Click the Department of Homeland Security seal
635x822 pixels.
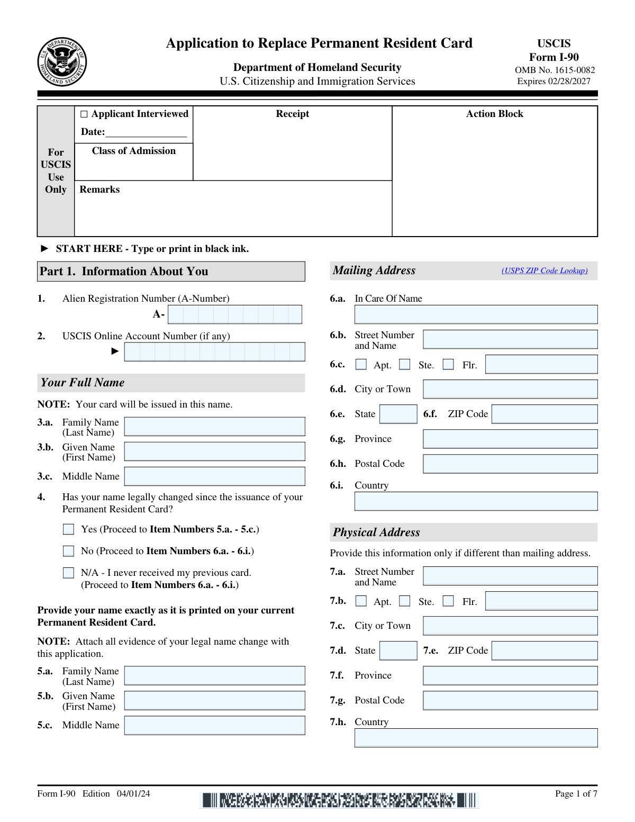[x=62, y=62]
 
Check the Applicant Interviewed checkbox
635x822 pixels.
[x=84, y=114]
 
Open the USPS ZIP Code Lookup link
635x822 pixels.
[x=545, y=270]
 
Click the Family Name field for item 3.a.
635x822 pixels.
[x=214, y=427]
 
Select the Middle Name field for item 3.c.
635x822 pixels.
[x=214, y=476]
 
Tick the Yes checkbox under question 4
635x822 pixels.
[x=69, y=529]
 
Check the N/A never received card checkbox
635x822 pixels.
[x=69, y=573]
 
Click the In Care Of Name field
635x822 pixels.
[x=476, y=314]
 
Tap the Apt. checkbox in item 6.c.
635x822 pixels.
[x=361, y=365]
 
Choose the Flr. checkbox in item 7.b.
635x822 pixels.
[x=448, y=601]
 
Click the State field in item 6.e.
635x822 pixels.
[x=398, y=414]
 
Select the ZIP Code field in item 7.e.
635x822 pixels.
[x=545, y=651]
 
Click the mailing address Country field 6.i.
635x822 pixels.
[x=476, y=501]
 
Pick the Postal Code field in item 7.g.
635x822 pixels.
[x=510, y=700]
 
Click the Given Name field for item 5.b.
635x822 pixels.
[x=214, y=701]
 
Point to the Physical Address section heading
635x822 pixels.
[x=376, y=532]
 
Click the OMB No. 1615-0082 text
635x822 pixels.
[x=555, y=70]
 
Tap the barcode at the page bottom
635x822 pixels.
[x=339, y=800]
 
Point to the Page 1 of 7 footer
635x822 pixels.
[x=576, y=793]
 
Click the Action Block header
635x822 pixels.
[x=494, y=114]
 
